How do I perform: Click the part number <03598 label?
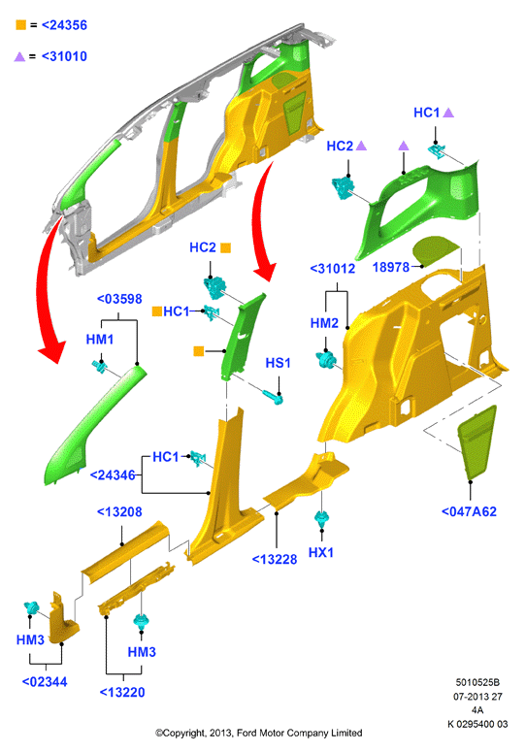(119, 299)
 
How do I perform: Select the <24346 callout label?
(113, 474)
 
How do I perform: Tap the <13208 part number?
(119, 511)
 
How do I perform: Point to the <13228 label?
(275, 559)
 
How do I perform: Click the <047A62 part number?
(469, 511)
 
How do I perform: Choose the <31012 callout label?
(333, 269)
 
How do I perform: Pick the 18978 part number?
(391, 267)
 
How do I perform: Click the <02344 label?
(45, 681)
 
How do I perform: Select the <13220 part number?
(121, 692)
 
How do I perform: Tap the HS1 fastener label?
(279, 363)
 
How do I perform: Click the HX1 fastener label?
(321, 552)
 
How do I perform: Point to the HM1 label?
(100, 340)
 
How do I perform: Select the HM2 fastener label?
(324, 323)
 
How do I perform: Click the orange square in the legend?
(20, 25)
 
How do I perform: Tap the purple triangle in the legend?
(19, 56)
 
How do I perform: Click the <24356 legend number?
(64, 25)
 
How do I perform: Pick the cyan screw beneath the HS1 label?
(274, 396)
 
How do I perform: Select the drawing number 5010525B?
(477, 682)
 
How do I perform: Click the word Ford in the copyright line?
(247, 733)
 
